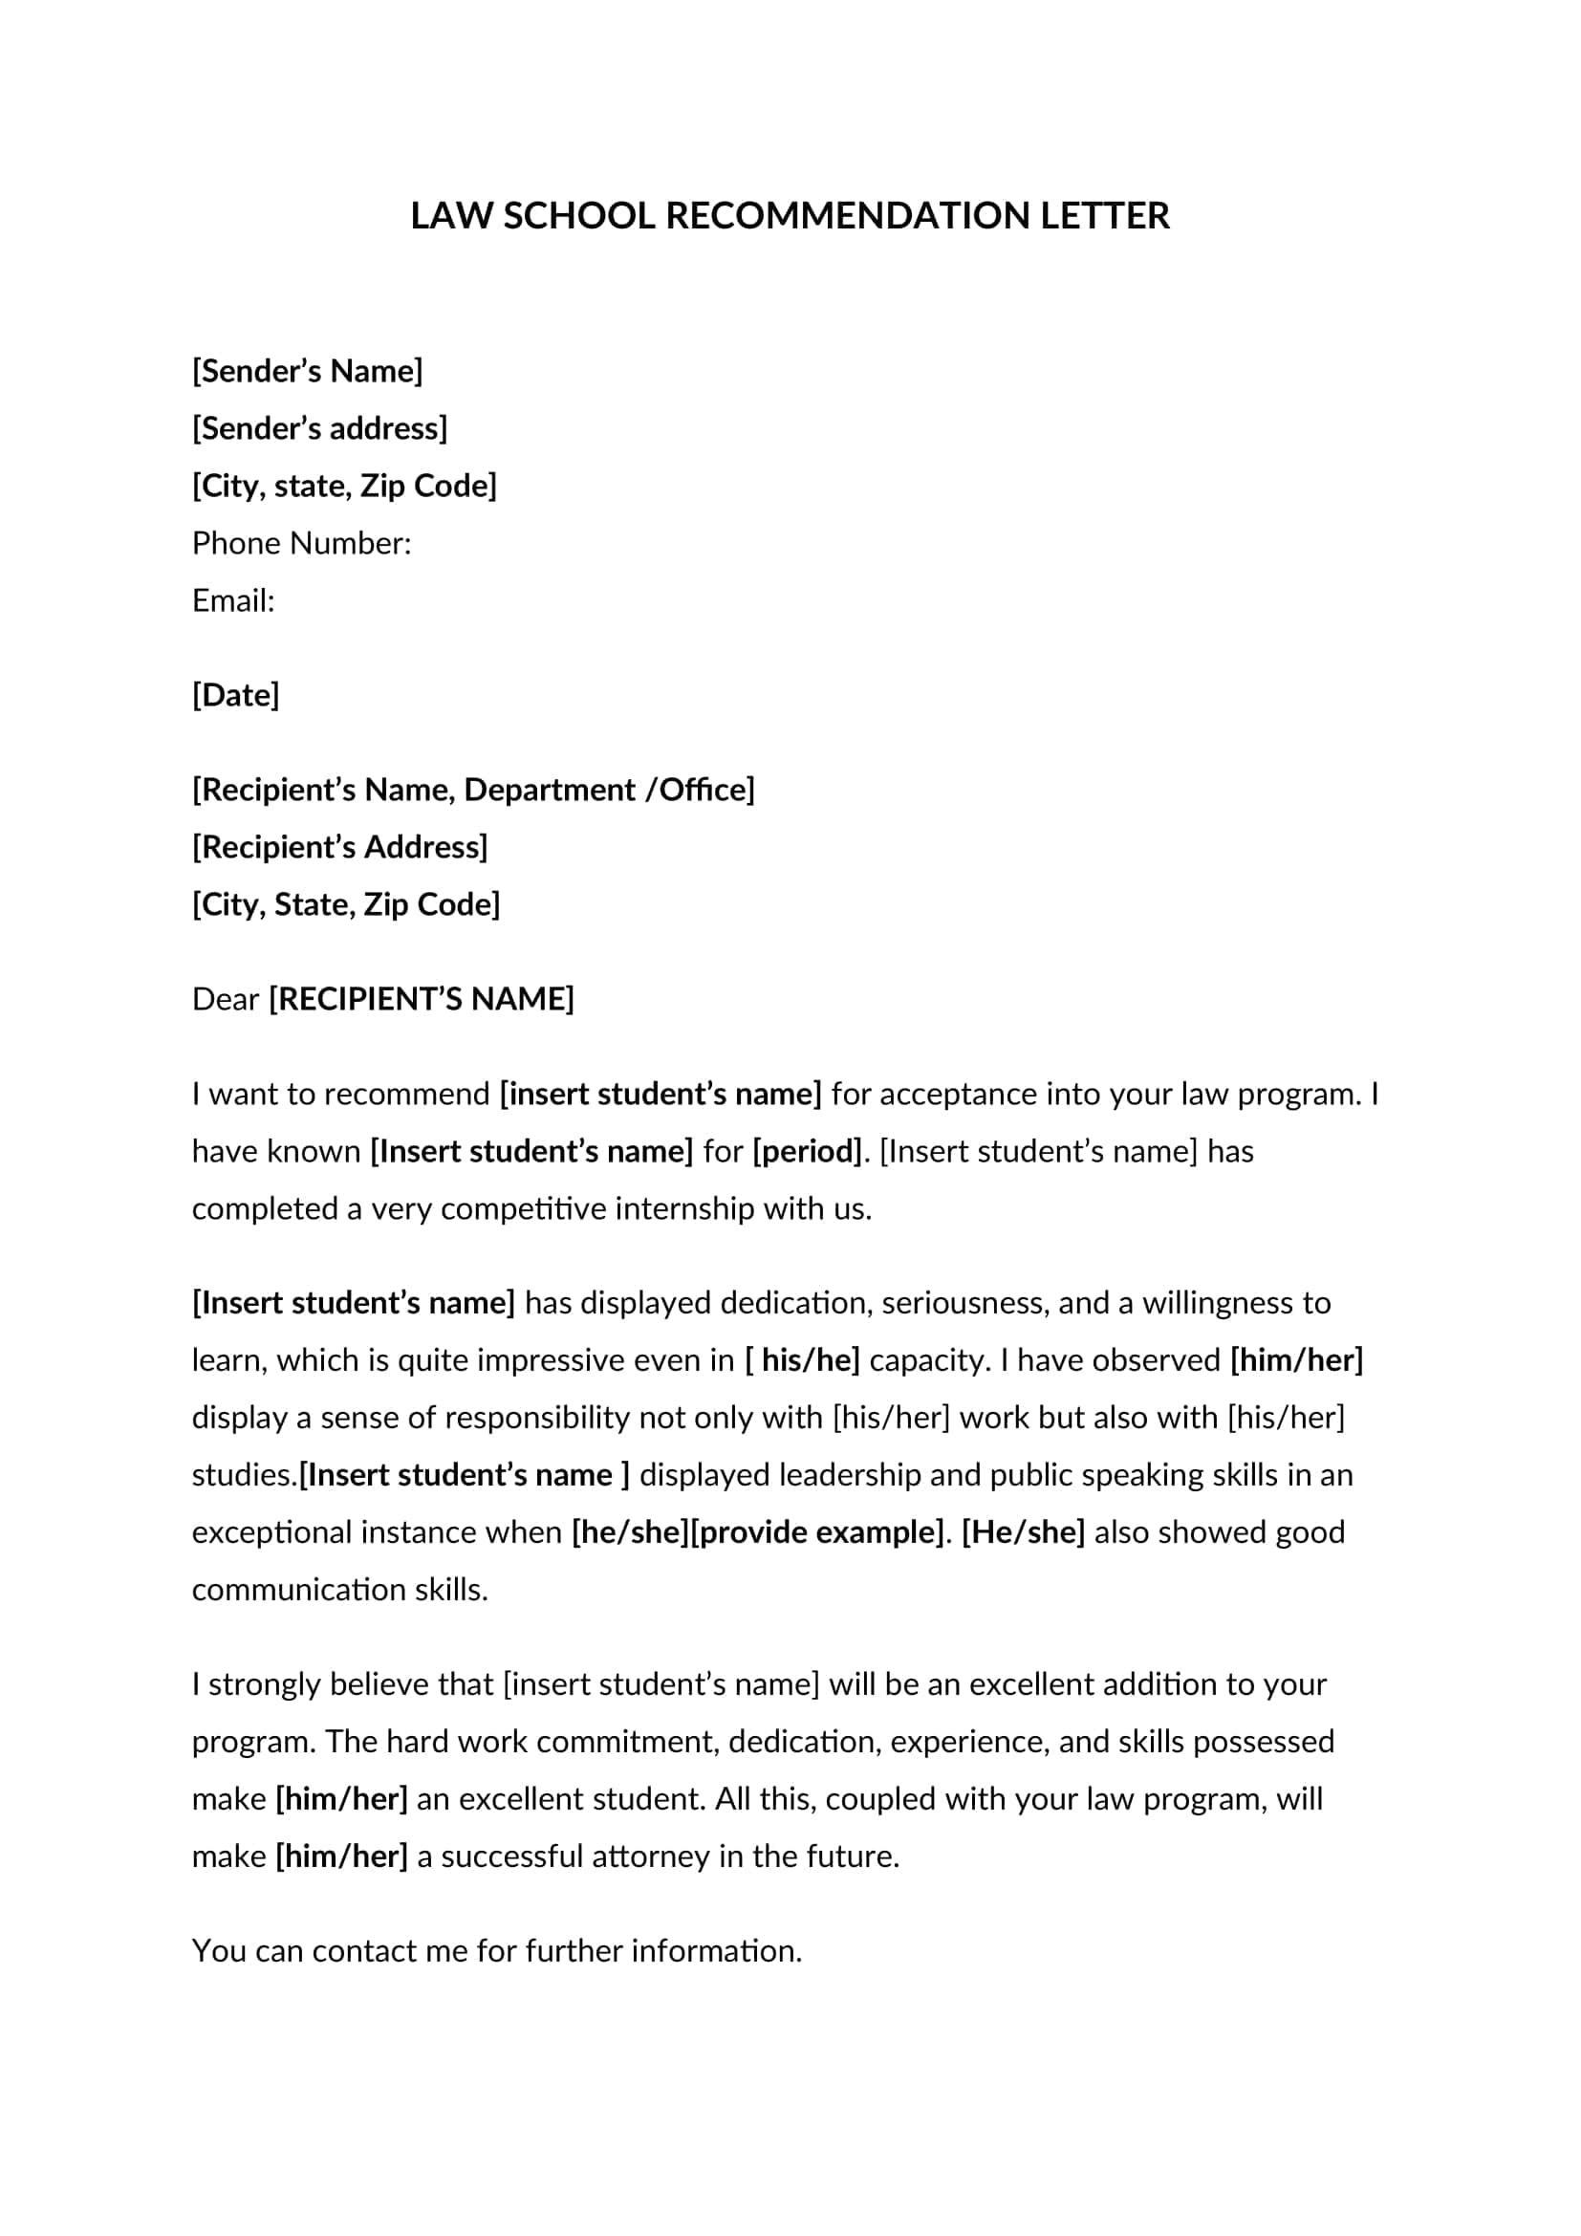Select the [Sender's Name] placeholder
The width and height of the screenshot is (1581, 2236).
(x=308, y=371)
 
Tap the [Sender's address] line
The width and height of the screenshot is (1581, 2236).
(x=319, y=428)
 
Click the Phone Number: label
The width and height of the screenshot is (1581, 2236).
(x=302, y=543)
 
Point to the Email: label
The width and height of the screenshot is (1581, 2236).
(x=233, y=601)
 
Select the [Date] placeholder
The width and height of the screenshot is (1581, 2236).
(x=235, y=695)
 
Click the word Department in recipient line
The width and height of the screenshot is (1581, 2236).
(x=549, y=790)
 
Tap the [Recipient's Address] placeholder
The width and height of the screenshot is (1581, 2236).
(x=339, y=847)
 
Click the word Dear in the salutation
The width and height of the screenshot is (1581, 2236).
(x=225, y=999)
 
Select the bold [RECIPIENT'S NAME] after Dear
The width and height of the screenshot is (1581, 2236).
(x=422, y=999)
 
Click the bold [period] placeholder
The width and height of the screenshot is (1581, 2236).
(x=807, y=1151)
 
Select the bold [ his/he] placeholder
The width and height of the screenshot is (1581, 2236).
(x=802, y=1360)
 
